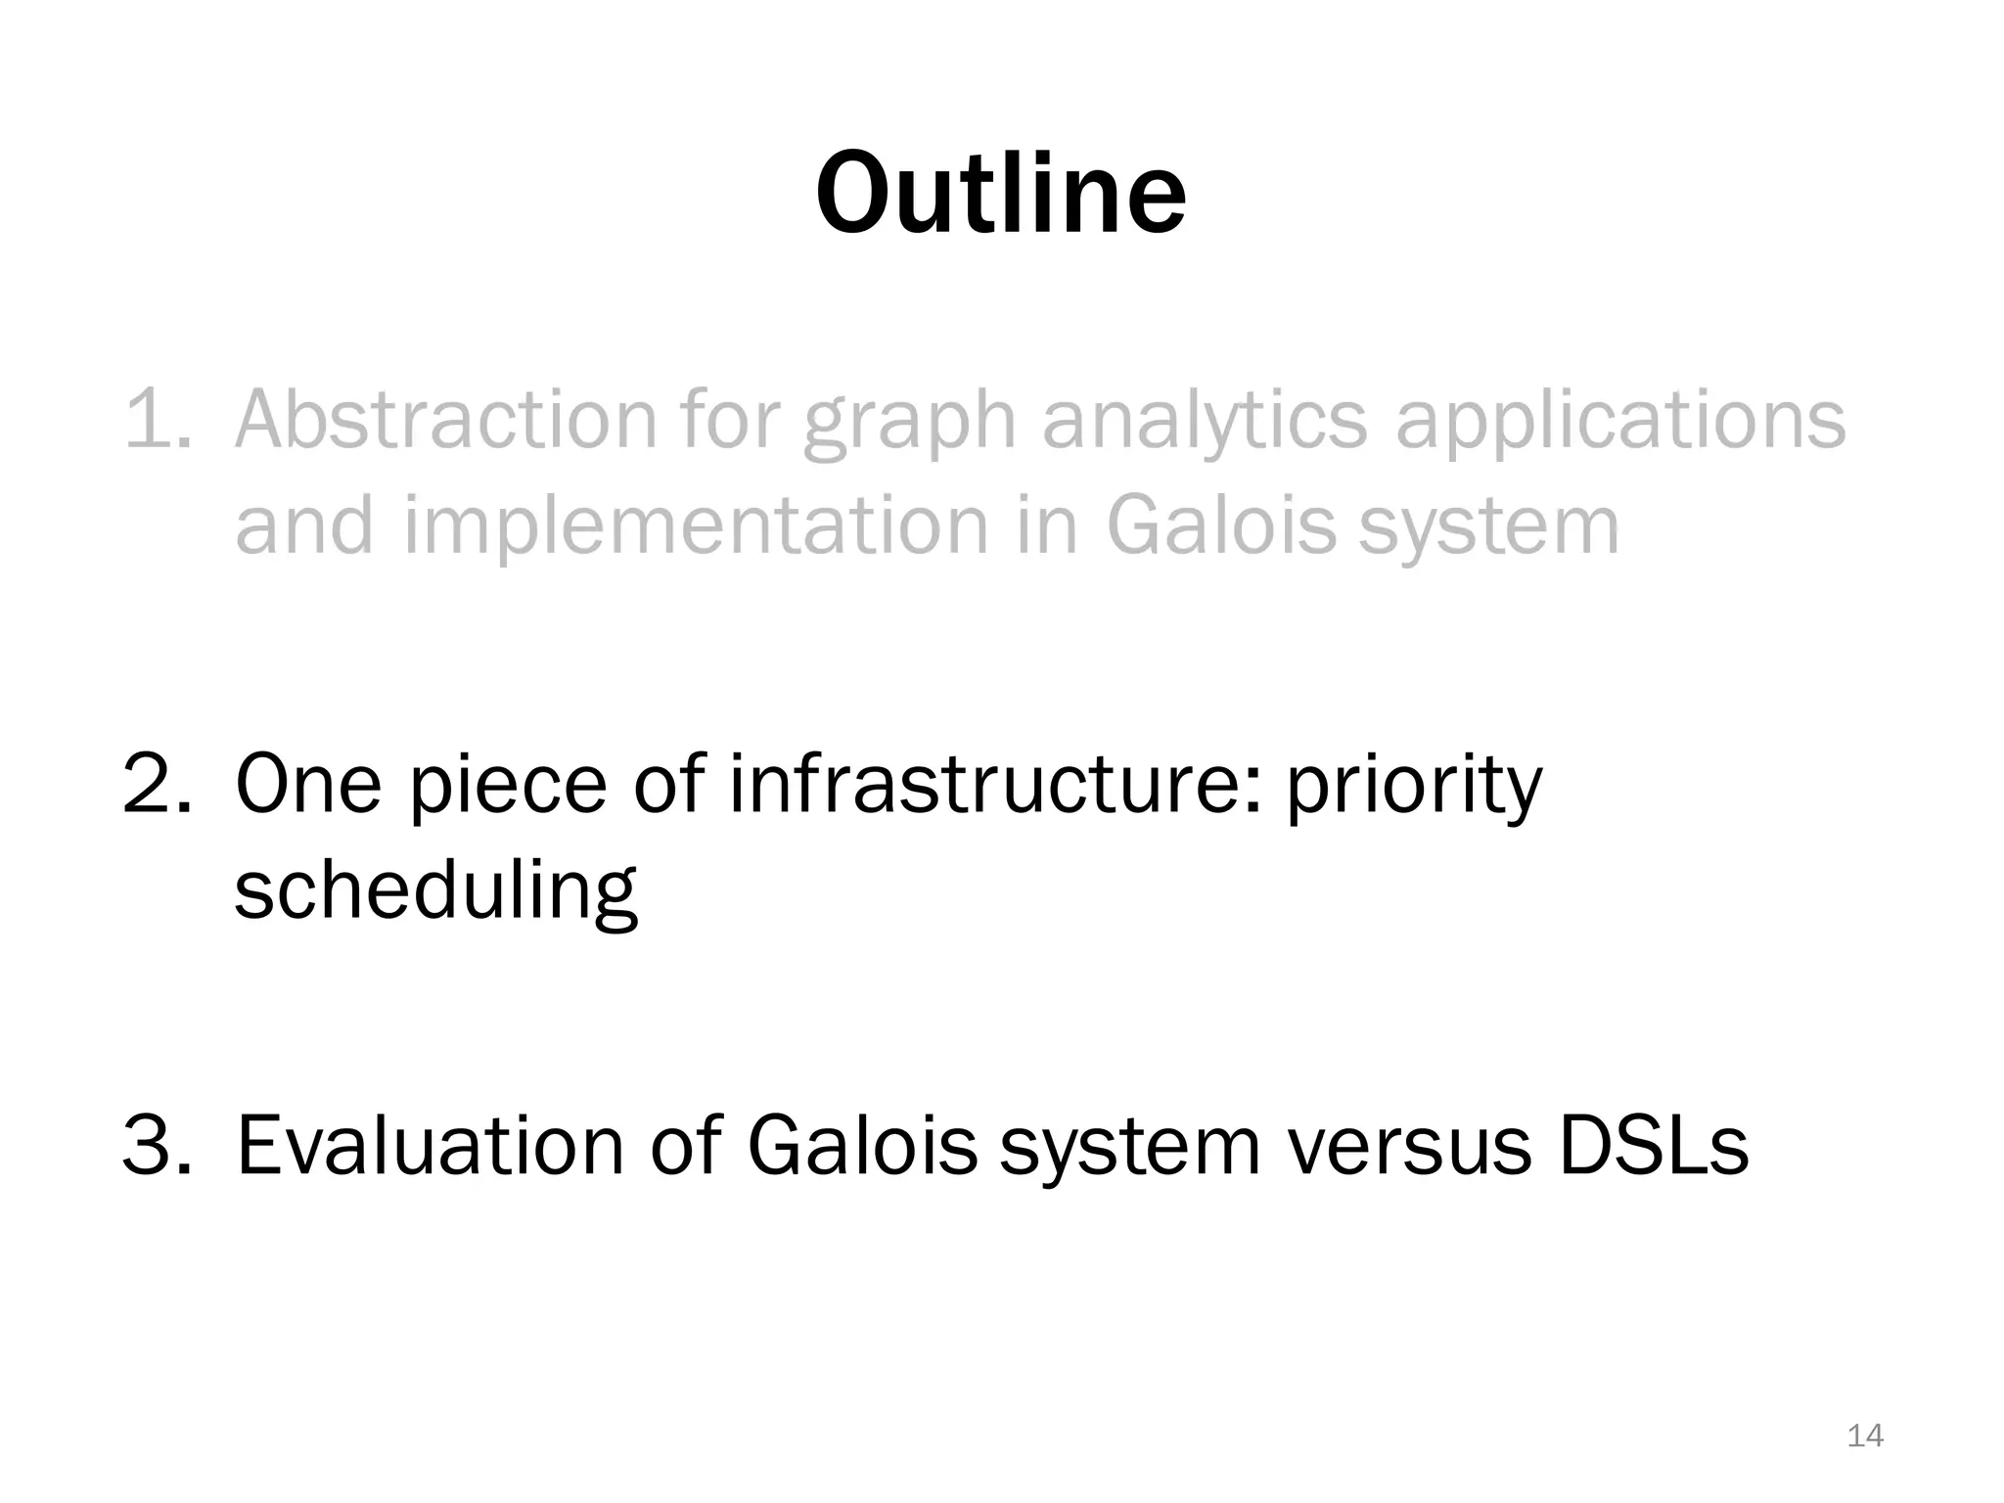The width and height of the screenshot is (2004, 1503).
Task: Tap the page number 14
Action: tap(1865, 1435)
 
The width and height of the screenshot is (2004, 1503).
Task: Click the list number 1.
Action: tap(157, 420)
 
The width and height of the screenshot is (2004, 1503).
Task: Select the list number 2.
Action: tap(157, 785)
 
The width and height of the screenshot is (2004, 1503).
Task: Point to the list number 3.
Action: tap(157, 1146)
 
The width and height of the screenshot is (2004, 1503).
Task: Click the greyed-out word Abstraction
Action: tap(445, 420)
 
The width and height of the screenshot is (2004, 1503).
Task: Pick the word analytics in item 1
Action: tap(1204, 422)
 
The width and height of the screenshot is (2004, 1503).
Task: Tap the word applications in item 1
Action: tap(1619, 422)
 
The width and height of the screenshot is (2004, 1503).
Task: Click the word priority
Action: tap(1413, 787)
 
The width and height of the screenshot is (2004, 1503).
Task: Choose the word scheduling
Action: tap(436, 891)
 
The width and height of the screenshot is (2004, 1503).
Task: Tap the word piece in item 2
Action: tap(508, 787)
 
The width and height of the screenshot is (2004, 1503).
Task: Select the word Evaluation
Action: tap(431, 1146)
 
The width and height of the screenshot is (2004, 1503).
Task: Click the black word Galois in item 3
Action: tap(862, 1146)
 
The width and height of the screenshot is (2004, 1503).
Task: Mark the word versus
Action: tap(1409, 1148)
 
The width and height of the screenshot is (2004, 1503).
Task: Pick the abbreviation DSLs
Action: tap(1653, 1146)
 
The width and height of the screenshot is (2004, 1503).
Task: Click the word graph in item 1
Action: tap(910, 422)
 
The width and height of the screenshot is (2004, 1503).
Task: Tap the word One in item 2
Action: tap(307, 785)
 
